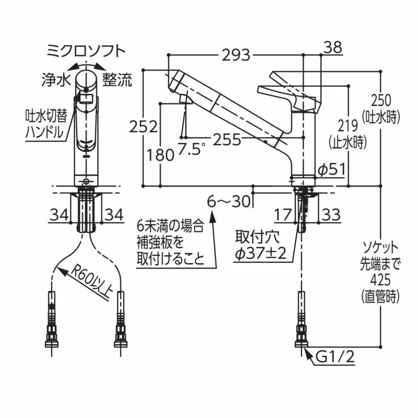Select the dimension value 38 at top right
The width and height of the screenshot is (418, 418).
coord(332,48)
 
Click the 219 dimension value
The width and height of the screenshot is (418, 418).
coord(347,125)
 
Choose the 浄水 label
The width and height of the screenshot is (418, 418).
coord(55,79)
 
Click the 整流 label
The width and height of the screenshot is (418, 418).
coord(117,79)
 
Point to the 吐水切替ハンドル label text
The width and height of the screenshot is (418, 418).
coord(45,123)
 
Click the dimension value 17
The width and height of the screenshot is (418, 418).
coord(284,214)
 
